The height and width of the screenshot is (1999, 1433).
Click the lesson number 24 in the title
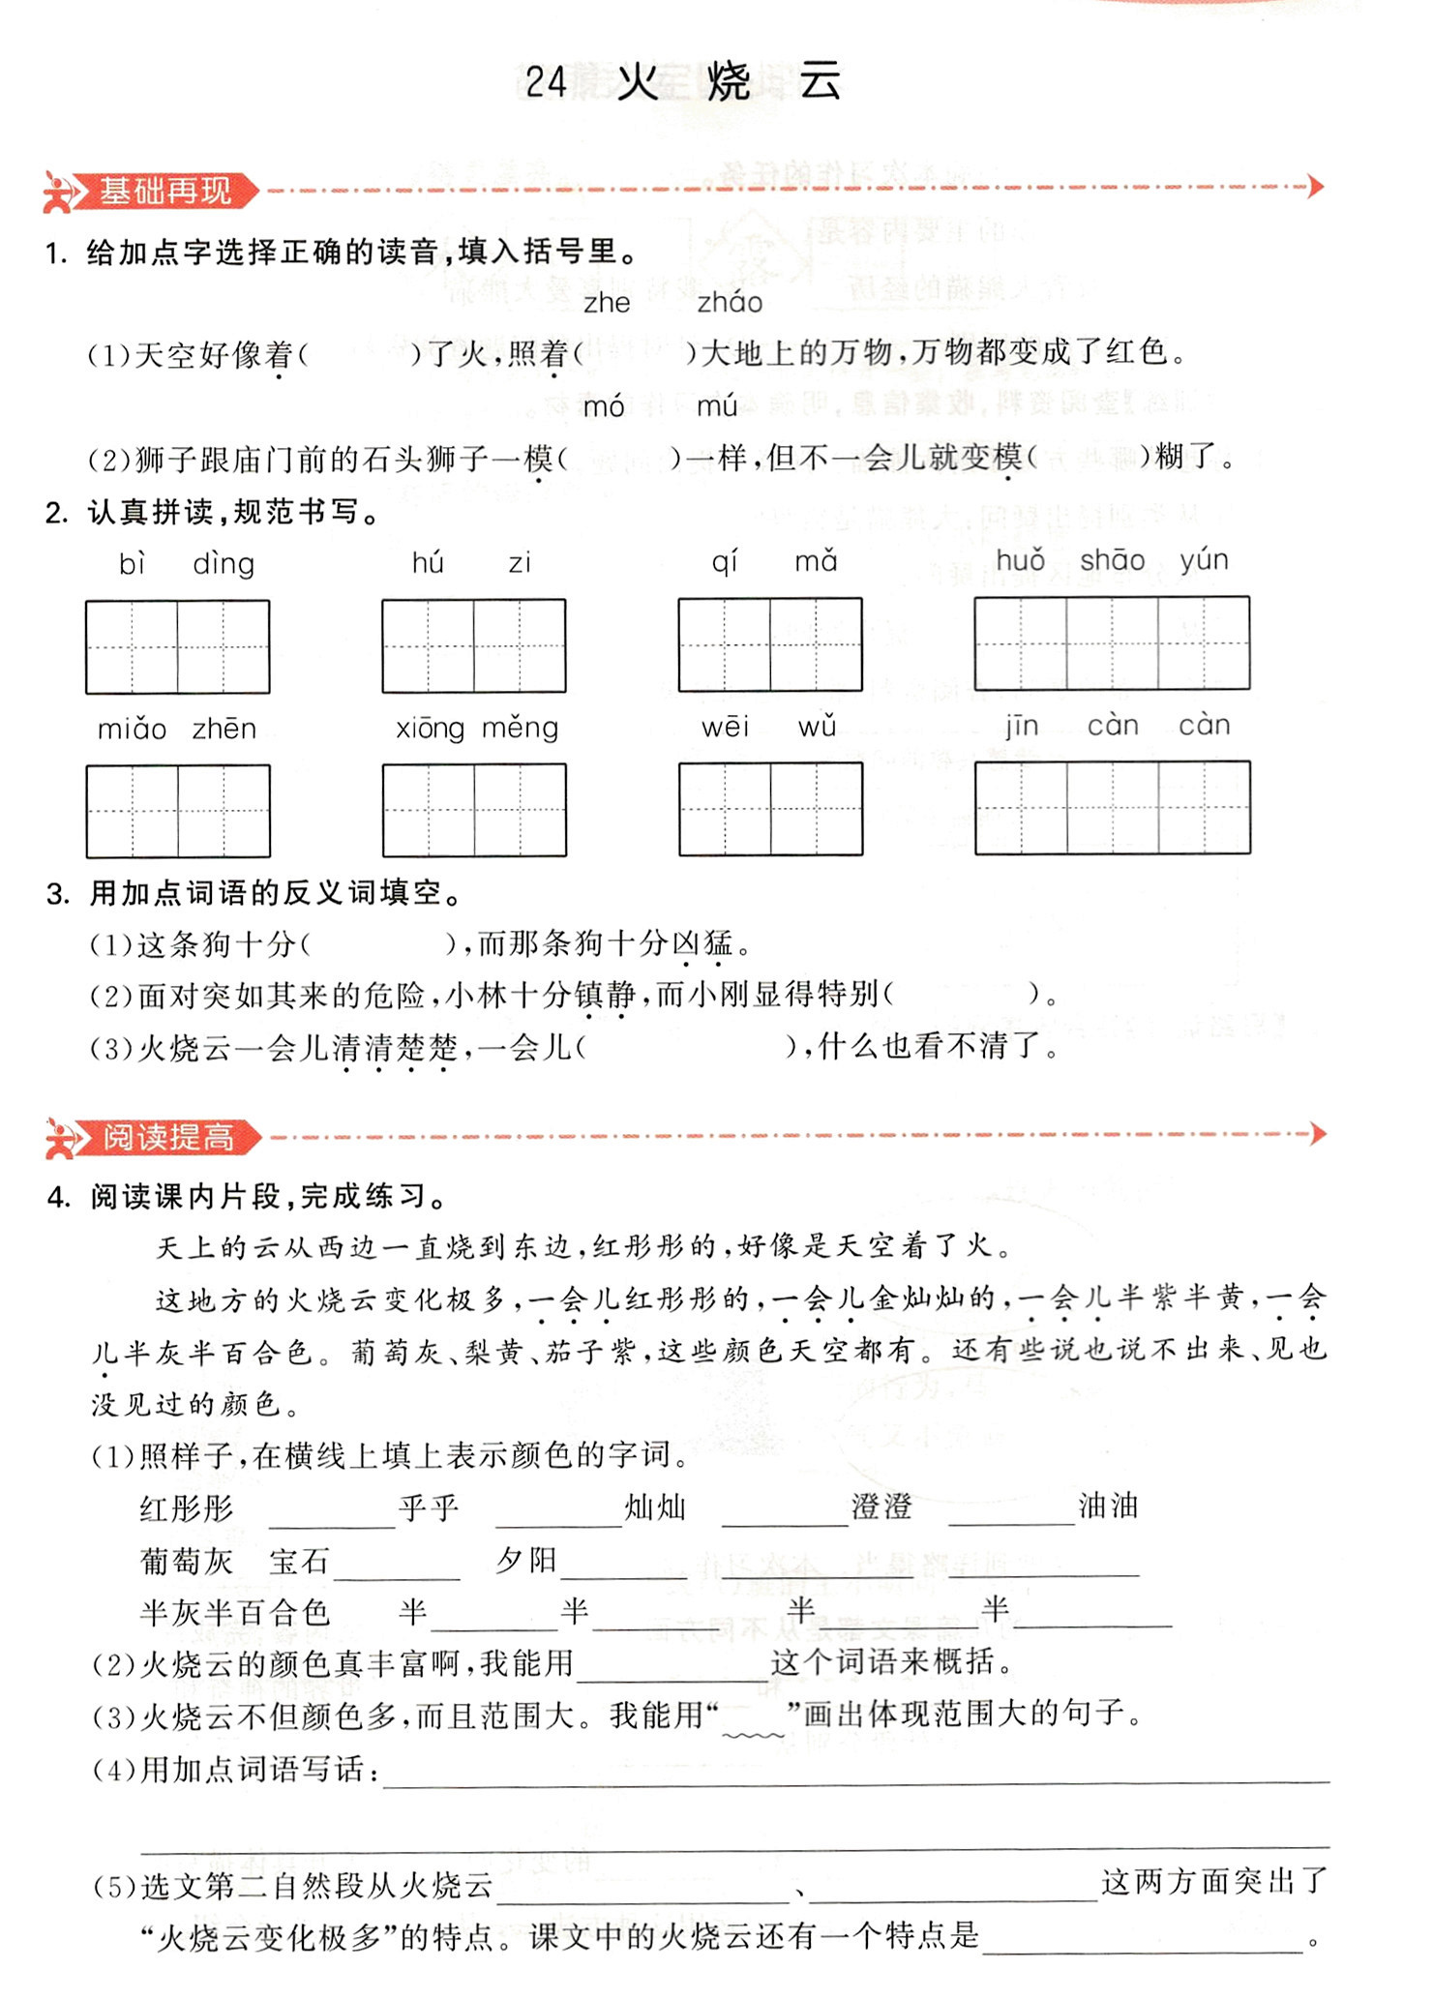546,82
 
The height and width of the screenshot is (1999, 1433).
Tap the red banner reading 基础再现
164,191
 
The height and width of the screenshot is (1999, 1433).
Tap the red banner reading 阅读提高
167,1137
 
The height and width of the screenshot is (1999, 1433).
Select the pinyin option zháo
730,304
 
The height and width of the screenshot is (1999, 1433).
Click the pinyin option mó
604,407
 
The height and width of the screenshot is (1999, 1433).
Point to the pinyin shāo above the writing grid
1112,560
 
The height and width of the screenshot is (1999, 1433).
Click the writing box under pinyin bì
132,646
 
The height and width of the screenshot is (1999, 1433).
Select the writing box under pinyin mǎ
816,644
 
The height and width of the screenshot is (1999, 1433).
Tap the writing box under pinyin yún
1204,642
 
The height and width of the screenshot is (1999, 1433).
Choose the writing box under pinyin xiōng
429,810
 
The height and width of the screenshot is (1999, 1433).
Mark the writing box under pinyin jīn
1021,808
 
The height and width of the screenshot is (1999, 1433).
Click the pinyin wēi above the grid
725,728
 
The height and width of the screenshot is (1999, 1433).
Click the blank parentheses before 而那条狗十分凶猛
376,943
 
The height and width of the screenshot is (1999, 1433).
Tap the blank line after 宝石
397,1565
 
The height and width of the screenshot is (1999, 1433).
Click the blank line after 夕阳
623,1565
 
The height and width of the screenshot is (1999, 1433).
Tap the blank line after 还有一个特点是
1143,1938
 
